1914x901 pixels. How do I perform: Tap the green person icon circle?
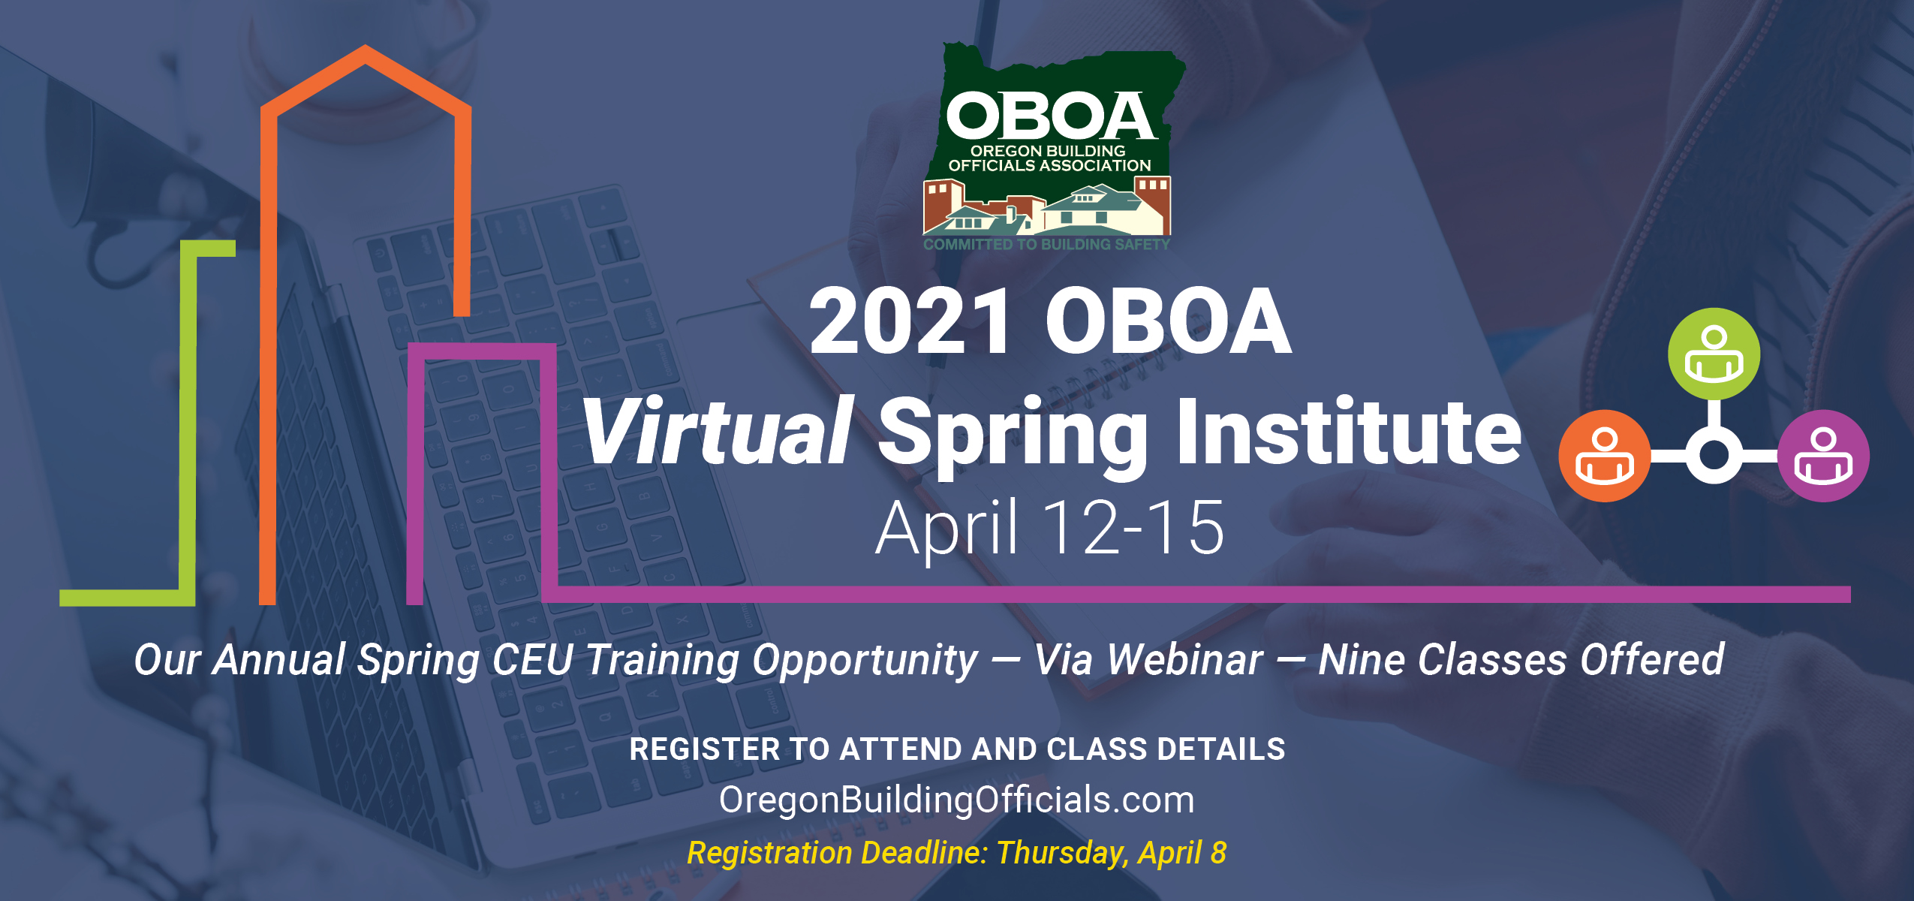pyautogui.click(x=1714, y=354)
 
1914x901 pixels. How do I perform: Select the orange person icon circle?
pyautogui.click(x=1605, y=456)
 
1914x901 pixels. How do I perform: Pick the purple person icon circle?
pyautogui.click(x=1823, y=456)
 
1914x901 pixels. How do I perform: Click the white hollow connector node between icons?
pyautogui.click(x=1714, y=438)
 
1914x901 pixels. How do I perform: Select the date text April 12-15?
pyautogui.click(x=1049, y=529)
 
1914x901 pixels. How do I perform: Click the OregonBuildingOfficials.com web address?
pyautogui.click(x=956, y=800)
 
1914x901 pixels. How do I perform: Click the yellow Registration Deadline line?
pyautogui.click(x=957, y=853)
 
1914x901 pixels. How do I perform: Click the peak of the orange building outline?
pyautogui.click(x=366, y=47)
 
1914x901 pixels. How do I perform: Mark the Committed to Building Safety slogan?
pyautogui.click(x=1046, y=244)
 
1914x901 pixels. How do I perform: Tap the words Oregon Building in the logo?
pyautogui.click(x=1048, y=150)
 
